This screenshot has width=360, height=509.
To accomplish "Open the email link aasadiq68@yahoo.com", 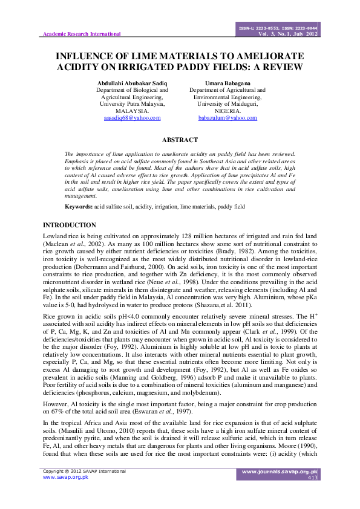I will [x=133, y=118].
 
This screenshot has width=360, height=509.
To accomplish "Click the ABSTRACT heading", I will [x=180, y=140].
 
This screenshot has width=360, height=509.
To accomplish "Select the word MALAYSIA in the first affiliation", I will [x=133, y=111].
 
